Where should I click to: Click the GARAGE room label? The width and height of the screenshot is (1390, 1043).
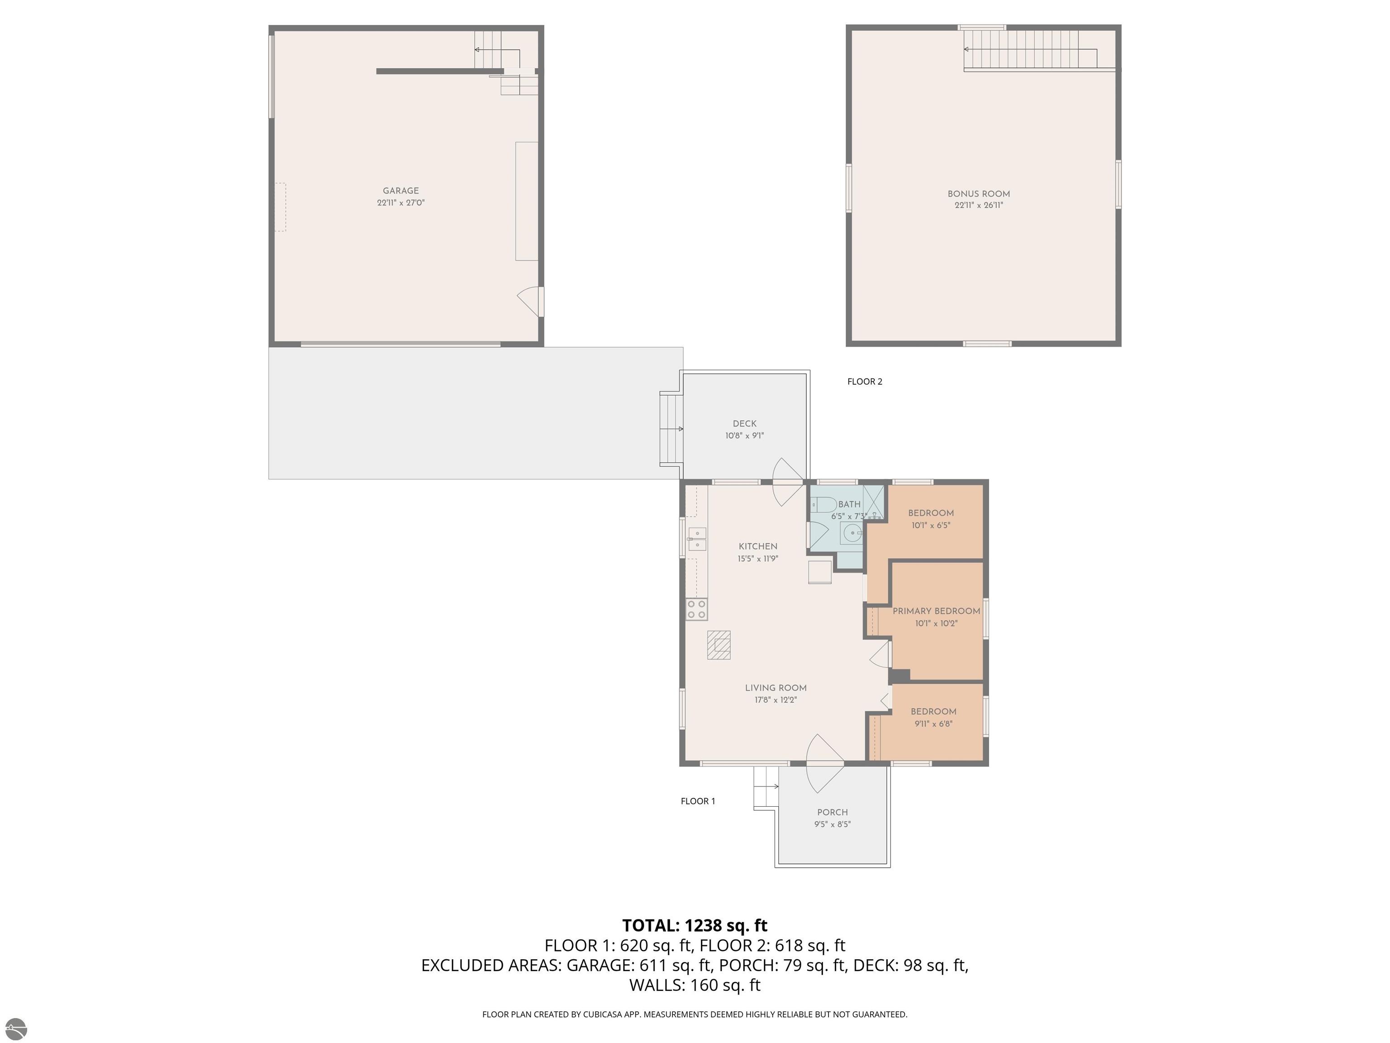coord(401,191)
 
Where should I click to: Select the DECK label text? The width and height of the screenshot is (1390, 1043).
coord(745,424)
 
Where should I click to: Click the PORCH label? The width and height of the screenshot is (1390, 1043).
coord(833,812)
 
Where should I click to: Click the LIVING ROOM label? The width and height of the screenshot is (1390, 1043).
coord(776,688)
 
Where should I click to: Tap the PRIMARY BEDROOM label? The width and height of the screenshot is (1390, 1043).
coord(936,611)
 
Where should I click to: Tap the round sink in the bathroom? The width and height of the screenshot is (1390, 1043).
coord(852,534)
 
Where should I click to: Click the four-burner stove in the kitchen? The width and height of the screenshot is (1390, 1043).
coord(696,609)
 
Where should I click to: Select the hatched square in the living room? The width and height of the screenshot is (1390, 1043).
coord(719,645)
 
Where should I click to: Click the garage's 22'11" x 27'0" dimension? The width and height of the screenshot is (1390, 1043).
coord(401,202)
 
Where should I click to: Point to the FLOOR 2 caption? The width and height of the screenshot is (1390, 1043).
coord(865,382)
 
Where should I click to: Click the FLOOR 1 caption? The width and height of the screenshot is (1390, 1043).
coord(698,801)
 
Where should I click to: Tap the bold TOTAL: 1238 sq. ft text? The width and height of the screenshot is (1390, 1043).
coord(695,925)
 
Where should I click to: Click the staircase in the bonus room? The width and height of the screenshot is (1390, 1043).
coord(1031,50)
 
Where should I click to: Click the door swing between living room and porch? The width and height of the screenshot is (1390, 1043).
coord(824,763)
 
